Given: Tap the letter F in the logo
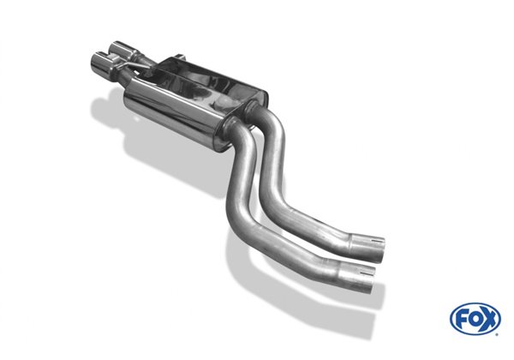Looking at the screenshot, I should tap(463, 320).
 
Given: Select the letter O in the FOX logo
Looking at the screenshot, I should tap(475, 320).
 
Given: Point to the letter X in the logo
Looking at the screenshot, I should tap(488, 320).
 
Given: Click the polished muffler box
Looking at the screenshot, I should tap(197, 94).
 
